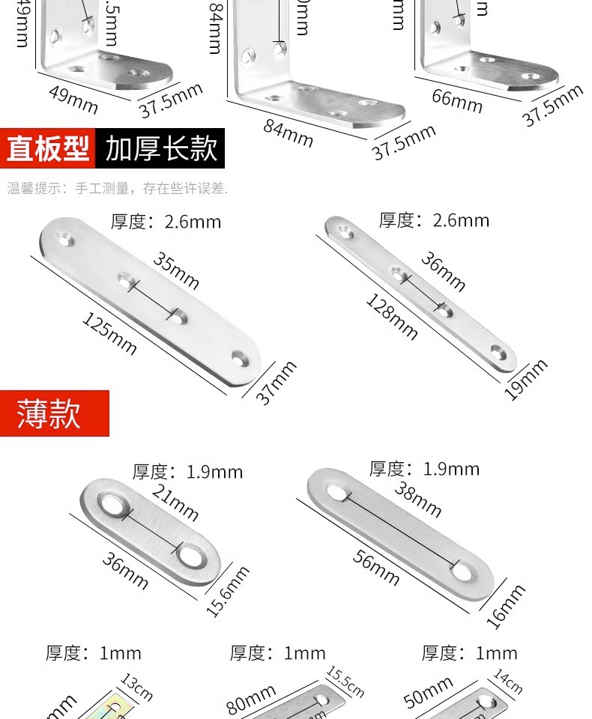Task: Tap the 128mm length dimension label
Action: click(x=391, y=316)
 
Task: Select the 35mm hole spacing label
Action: click(x=177, y=270)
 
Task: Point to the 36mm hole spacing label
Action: click(x=443, y=271)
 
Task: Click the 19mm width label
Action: click(x=525, y=380)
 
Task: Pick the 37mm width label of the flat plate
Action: click(x=277, y=383)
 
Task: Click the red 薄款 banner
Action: click(x=55, y=413)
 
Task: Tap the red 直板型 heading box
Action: click(x=48, y=148)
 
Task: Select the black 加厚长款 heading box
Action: click(x=160, y=148)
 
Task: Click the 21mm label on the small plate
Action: click(x=175, y=503)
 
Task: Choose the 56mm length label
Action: click(x=375, y=568)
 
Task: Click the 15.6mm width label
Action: click(x=228, y=592)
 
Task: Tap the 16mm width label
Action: click(x=506, y=606)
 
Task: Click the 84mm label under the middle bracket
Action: click(x=288, y=133)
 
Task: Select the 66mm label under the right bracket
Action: click(x=457, y=100)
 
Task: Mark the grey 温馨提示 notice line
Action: click(x=117, y=189)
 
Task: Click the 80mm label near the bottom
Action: click(x=252, y=700)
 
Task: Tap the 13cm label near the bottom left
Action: click(x=136, y=688)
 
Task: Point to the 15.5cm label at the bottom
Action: click(x=345, y=682)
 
